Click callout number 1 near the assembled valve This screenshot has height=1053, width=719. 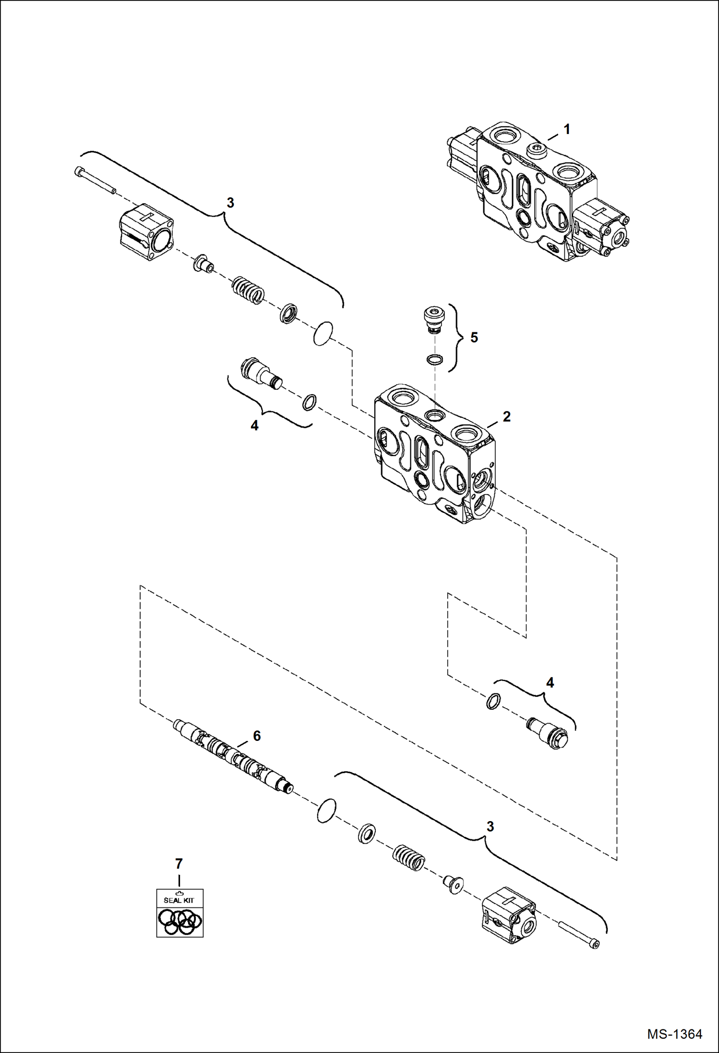[x=567, y=129]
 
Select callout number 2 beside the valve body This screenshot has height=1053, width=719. [x=507, y=416]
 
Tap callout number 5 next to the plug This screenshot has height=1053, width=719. [x=474, y=338]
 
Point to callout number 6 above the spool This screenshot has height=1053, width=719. [x=257, y=736]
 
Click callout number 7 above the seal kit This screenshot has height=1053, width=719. [x=179, y=864]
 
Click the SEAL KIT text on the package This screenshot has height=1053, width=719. [x=179, y=900]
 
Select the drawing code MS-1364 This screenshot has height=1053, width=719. [x=674, y=1033]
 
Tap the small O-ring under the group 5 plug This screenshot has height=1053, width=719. [x=435, y=360]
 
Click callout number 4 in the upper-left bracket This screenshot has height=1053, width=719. [x=254, y=425]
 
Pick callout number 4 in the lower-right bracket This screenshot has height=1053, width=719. [x=550, y=682]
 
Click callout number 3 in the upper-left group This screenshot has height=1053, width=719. [x=230, y=203]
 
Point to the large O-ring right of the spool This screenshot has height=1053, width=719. [x=326, y=811]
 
